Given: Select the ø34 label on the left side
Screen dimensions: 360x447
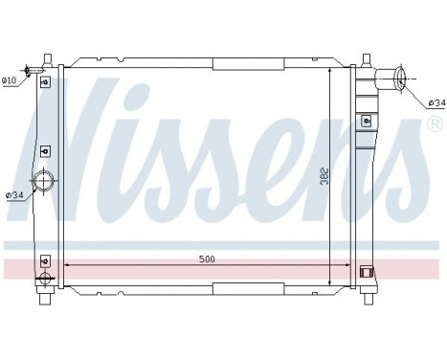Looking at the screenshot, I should pos(14,195).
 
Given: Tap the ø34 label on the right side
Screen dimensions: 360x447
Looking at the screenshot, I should pos(436,102).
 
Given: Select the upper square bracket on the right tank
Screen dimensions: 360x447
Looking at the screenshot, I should pos(367,121).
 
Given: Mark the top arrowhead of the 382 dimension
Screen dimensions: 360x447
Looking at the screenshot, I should pos(331,71).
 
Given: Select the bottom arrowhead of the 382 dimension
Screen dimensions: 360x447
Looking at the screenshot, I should pos(331,282).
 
